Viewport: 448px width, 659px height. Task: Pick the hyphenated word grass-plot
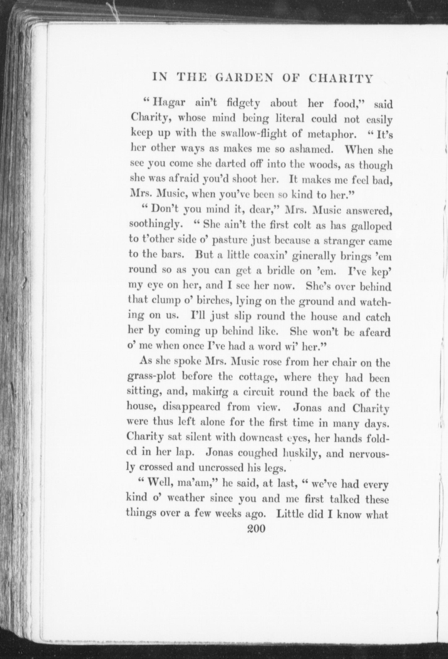point(151,378)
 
